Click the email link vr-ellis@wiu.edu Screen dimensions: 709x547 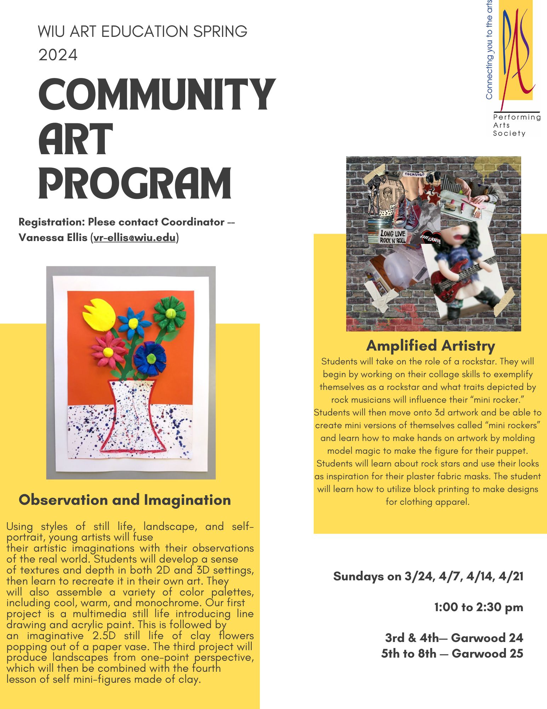click(135, 238)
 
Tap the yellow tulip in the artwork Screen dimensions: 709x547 click(99, 315)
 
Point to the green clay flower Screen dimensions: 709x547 click(170, 313)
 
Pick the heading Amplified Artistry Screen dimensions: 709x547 click(431, 346)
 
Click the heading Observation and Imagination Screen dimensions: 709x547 click(125, 500)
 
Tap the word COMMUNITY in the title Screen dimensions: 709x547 click(156, 95)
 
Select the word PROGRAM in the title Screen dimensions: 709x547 click(135, 184)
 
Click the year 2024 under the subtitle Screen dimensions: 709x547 click(58, 55)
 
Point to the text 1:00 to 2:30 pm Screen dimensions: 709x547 click(478, 607)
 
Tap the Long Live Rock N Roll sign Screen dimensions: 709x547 click(393, 237)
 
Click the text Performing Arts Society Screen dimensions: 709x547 click(516, 125)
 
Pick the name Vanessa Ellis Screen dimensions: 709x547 click(53, 238)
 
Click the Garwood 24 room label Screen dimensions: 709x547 click(487, 638)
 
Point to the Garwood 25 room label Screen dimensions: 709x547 click(487, 653)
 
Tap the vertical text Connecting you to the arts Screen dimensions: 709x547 click(489, 50)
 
